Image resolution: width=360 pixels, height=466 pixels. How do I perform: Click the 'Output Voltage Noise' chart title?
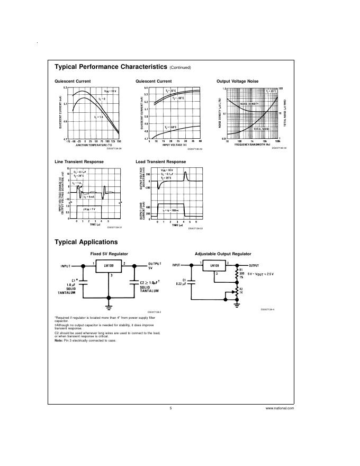click(238, 81)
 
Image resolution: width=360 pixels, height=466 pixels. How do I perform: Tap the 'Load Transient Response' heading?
click(161, 162)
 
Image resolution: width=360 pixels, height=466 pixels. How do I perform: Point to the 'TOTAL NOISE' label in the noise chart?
click(262, 129)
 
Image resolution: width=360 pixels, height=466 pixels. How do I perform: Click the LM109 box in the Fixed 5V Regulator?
click(109, 265)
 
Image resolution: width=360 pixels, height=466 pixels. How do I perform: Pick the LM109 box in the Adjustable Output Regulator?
click(214, 266)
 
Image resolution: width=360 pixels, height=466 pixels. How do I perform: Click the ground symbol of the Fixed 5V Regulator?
click(109, 306)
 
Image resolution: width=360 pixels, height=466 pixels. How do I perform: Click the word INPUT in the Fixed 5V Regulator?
click(66, 265)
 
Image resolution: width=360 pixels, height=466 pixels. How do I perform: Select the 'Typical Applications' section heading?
click(86, 242)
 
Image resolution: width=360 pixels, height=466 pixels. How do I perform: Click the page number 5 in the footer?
click(171, 408)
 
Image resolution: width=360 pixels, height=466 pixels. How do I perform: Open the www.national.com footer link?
click(280, 408)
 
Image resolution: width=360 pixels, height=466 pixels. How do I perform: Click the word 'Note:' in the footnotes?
click(59, 340)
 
